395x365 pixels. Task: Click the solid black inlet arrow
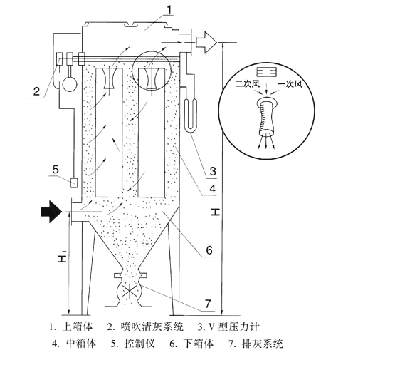click(51, 212)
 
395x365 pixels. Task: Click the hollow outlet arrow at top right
click(206, 43)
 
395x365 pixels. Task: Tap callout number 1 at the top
click(169, 10)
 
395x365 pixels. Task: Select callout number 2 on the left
click(37, 91)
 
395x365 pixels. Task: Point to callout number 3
click(213, 171)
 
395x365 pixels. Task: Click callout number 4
click(213, 188)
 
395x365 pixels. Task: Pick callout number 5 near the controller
click(56, 169)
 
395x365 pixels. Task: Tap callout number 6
click(209, 250)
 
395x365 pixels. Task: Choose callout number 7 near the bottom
click(208, 304)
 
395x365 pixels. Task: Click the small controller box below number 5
click(74, 183)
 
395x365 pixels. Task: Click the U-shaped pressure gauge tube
click(191, 115)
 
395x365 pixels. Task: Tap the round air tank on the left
click(70, 84)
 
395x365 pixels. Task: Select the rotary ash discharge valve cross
click(130, 291)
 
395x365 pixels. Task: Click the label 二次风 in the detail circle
click(248, 83)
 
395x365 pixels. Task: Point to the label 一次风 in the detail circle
click(290, 83)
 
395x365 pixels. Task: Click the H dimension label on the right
click(216, 212)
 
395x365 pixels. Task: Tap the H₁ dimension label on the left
click(62, 256)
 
